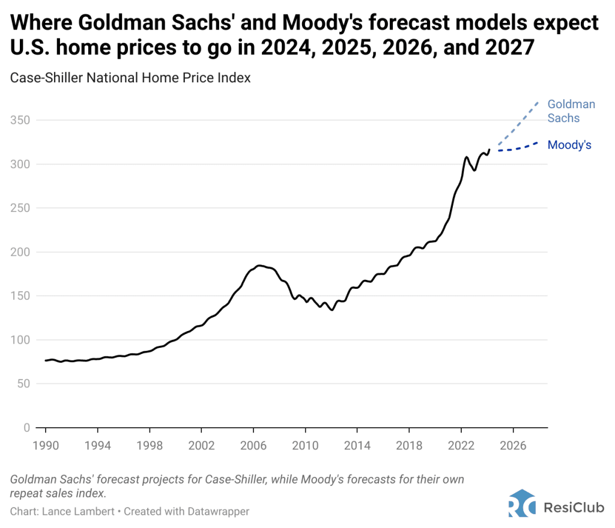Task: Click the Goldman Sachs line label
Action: [x=571, y=111]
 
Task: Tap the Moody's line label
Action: [x=569, y=145]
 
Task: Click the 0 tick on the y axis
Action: [x=26, y=428]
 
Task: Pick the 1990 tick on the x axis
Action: [x=45, y=447]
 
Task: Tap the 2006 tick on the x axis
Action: [x=253, y=447]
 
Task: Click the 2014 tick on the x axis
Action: [x=357, y=447]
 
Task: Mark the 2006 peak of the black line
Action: [x=259, y=266]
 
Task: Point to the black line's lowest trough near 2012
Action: [x=332, y=310]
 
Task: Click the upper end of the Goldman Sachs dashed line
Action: [x=538, y=102]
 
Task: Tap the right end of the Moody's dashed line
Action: [x=538, y=142]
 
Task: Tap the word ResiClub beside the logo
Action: [x=571, y=507]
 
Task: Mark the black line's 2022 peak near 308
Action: [x=466, y=157]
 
